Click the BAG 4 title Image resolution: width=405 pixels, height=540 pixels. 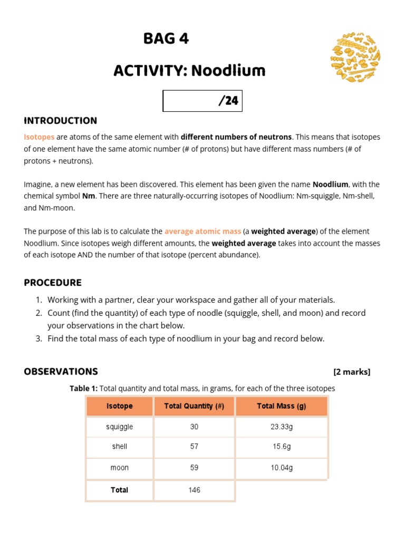click(166, 39)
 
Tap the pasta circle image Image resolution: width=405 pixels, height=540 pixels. click(355, 57)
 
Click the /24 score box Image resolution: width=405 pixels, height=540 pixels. click(202, 101)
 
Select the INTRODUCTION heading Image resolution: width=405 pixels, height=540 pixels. click(60, 120)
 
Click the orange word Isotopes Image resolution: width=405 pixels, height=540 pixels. click(39, 137)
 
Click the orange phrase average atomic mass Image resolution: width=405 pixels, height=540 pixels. click(202, 231)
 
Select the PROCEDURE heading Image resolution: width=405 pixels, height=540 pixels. click(53, 283)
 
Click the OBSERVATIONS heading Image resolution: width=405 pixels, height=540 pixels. click(61, 371)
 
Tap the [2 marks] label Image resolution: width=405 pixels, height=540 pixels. click(352, 372)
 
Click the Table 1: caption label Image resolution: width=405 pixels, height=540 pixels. click(83, 388)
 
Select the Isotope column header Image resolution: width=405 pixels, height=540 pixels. click(120, 406)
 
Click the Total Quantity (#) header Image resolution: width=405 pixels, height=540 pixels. click(194, 406)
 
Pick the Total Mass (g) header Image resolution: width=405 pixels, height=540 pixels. click(281, 406)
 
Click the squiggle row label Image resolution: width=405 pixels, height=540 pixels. click(120, 427)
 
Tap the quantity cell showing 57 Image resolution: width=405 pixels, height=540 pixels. click(194, 446)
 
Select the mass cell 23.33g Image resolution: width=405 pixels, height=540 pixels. click(281, 427)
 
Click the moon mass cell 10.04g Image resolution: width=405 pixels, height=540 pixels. click(281, 468)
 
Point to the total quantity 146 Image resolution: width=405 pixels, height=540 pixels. click(194, 490)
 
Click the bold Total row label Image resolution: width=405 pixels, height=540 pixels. click(120, 490)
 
